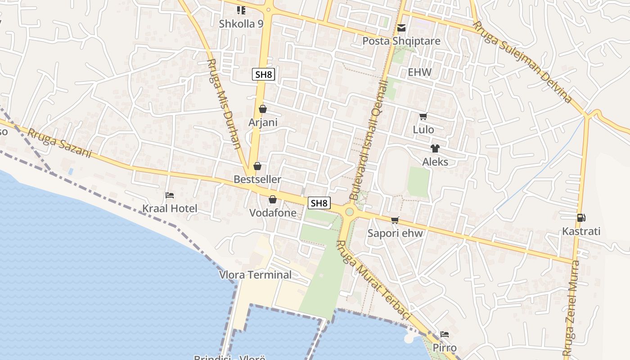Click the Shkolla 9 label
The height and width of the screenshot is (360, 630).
point(241,24)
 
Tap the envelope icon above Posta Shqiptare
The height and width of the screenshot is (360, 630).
point(401,28)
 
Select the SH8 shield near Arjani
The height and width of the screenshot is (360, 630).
point(263,74)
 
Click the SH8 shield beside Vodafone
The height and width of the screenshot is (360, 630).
point(319,203)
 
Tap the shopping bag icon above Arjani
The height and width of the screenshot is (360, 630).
point(263,109)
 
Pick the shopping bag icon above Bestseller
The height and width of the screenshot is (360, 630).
point(257,166)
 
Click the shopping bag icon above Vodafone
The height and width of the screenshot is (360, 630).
point(273,199)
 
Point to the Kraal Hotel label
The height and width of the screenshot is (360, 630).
point(170,208)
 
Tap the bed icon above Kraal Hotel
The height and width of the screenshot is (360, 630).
point(170,195)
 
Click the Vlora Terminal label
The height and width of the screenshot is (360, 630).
point(255,274)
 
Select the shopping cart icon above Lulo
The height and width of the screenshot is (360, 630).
point(423,117)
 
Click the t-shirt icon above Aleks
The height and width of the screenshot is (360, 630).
point(435,148)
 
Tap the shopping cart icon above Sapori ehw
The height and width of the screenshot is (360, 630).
point(395,220)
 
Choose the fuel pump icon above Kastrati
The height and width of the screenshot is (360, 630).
point(581,218)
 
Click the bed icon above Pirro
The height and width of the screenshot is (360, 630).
point(445,334)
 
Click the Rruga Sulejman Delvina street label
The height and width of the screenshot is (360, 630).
point(522,62)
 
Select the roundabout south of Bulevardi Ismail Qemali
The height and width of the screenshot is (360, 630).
point(349,211)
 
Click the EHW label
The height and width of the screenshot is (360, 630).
point(419,72)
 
